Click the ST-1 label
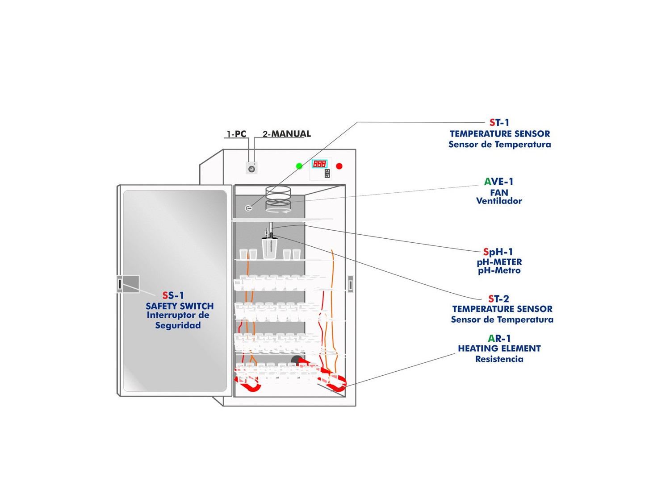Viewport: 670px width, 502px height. point(499,122)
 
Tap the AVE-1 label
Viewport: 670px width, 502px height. point(498,182)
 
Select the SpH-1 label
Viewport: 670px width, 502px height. point(498,252)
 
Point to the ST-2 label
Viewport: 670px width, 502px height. point(498,299)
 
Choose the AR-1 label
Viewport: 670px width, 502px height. point(499,338)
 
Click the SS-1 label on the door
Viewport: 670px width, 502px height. point(173,295)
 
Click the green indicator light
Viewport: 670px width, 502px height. point(299,166)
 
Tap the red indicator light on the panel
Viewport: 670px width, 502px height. point(339,166)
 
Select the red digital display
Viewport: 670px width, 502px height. point(319,164)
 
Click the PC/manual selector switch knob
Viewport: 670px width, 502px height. point(251,169)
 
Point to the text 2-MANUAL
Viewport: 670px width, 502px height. point(286,134)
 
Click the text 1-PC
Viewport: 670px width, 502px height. point(236,134)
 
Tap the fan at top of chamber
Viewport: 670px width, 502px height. point(278,199)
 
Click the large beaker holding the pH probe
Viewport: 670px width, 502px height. point(269,248)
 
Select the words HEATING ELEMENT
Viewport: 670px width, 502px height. point(499,348)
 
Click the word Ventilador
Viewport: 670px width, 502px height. point(499,201)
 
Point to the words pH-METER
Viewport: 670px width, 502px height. point(499,262)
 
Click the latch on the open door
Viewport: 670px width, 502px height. point(120,283)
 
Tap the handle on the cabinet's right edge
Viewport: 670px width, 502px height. point(351,284)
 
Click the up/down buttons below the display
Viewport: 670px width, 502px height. point(327,173)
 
